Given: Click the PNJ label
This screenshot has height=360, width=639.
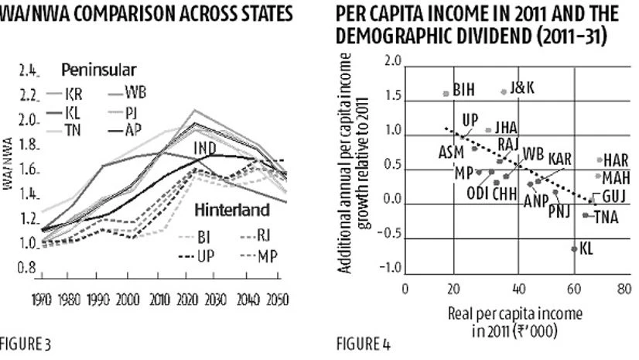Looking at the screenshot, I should pos(561,211).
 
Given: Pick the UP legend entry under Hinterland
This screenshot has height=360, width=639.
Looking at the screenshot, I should pos(205,255).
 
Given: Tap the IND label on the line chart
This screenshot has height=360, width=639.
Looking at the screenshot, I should pos(204,147).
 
